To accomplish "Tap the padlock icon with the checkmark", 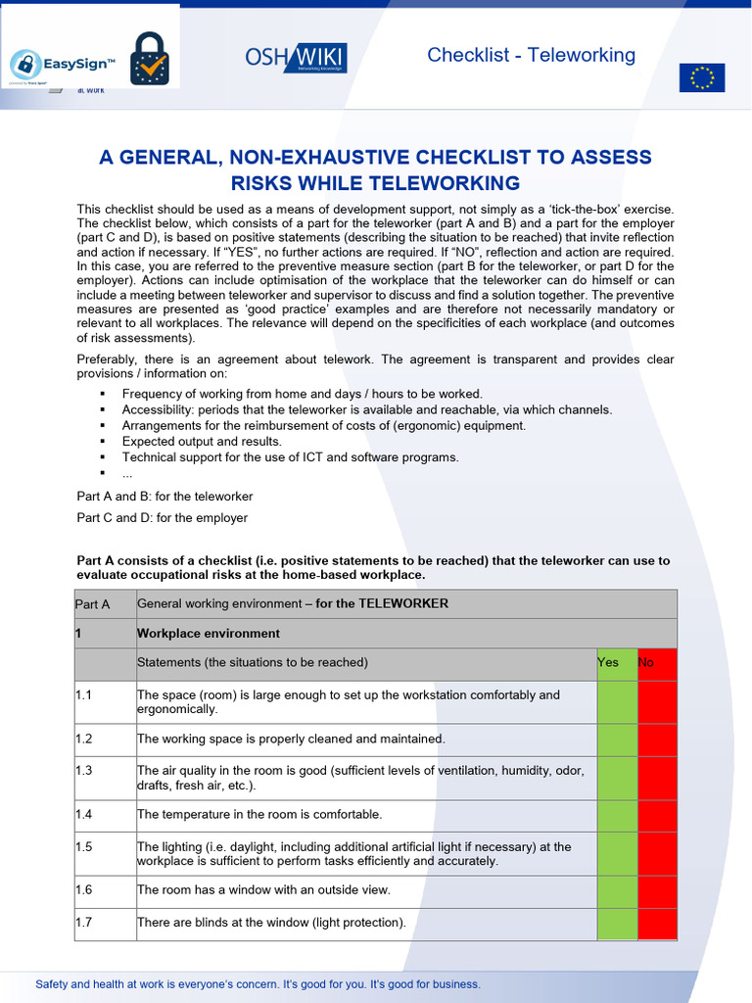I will (x=149, y=59).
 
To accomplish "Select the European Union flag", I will (x=702, y=77).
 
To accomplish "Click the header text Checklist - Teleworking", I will (x=531, y=55).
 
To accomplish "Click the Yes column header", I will (x=609, y=663).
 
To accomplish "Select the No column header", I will (x=647, y=663).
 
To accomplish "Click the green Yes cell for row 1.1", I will (x=617, y=702).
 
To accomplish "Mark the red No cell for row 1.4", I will (x=657, y=815).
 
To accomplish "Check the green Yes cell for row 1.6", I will (x=617, y=891).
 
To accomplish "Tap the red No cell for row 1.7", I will (x=657, y=924).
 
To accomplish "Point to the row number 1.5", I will (x=84, y=847).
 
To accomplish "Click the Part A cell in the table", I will (x=93, y=604).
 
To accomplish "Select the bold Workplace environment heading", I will (x=209, y=634).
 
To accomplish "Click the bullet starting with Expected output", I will (x=202, y=442).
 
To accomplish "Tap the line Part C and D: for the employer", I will (x=163, y=518).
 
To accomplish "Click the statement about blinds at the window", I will (x=271, y=923).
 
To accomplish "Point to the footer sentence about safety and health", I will (x=258, y=984).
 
